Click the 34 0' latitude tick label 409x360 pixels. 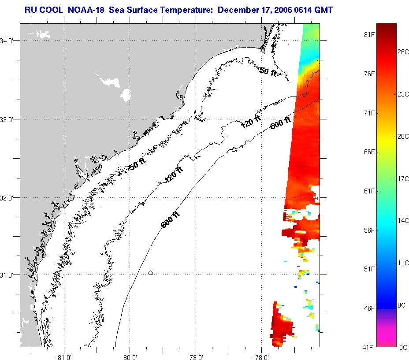[x=9, y=41]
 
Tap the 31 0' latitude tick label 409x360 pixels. [x=9, y=275]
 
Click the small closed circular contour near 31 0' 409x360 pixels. [x=150, y=273]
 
